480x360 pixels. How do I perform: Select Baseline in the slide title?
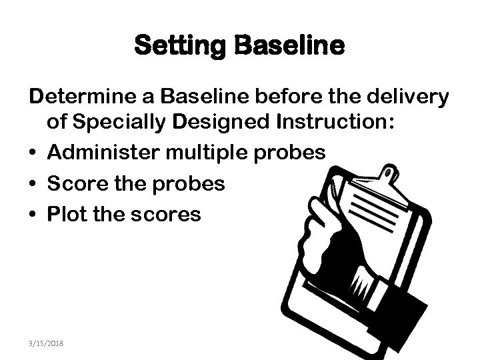point(289,46)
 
